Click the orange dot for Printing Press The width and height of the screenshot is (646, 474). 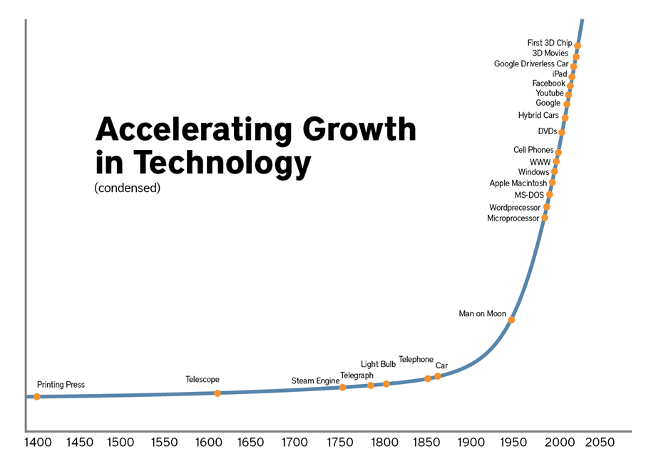pyautogui.click(x=37, y=396)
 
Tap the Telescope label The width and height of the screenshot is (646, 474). pyautogui.click(x=202, y=379)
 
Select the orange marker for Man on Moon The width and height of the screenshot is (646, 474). pyautogui.click(x=511, y=320)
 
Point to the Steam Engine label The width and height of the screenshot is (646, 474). pyautogui.click(x=315, y=381)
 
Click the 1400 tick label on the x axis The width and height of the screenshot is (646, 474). pyautogui.click(x=39, y=443)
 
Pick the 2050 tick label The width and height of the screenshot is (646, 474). pyautogui.click(x=600, y=443)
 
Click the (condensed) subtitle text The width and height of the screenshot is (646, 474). pyautogui.click(x=127, y=189)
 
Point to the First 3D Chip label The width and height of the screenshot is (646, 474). pyautogui.click(x=549, y=44)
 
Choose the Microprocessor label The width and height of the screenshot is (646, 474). pyautogui.click(x=513, y=218)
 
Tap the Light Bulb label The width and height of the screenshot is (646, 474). pyautogui.click(x=378, y=365)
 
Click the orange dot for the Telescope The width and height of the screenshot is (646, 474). pyautogui.click(x=217, y=393)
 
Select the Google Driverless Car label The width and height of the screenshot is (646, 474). pyautogui.click(x=531, y=64)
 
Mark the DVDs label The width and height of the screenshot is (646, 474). pyautogui.click(x=548, y=131)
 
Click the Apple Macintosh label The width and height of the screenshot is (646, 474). pyautogui.click(x=518, y=183)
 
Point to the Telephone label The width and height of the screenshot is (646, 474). pyautogui.click(x=416, y=360)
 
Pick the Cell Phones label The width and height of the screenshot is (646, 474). pyautogui.click(x=533, y=150)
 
